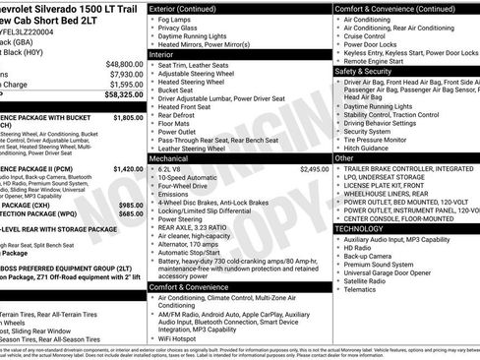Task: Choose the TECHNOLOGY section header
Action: pyautogui.click(x=366, y=227)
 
